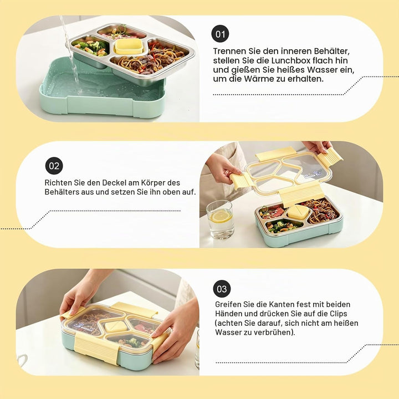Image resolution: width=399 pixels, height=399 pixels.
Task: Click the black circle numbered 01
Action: click(220, 34)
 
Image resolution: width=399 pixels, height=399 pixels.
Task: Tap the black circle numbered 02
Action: click(54, 166)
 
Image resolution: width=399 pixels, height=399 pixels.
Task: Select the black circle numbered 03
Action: click(222, 289)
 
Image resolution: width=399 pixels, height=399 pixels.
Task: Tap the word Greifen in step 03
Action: click(228, 304)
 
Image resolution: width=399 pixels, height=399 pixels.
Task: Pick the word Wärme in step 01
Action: click(259, 79)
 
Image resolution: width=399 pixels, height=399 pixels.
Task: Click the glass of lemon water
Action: click(221, 220)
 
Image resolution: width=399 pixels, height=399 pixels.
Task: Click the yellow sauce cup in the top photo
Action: click(128, 46)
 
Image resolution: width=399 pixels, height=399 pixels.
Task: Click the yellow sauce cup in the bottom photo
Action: click(116, 326)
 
